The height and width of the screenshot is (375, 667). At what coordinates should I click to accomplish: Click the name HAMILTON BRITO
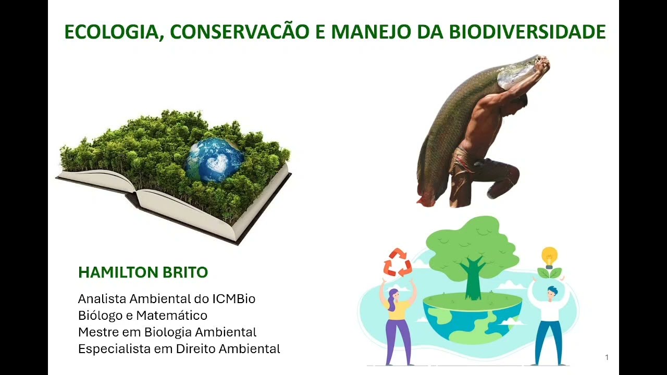tap(143, 272)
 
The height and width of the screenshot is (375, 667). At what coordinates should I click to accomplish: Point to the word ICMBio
tap(233, 299)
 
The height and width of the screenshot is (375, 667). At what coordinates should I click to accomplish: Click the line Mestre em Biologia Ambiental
tap(167, 332)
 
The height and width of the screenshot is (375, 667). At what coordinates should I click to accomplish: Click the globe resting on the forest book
tap(214, 159)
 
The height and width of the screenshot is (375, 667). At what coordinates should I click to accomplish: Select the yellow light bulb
tap(549, 256)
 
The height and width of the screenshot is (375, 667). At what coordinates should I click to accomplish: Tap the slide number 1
tap(607, 357)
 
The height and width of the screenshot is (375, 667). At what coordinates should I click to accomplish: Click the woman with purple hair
tap(398, 323)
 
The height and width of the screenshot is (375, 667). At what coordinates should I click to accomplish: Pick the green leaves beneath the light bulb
tap(549, 273)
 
